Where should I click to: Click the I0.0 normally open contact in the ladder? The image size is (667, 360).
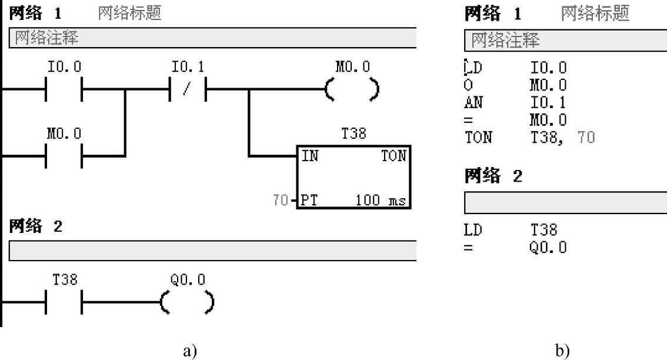64,90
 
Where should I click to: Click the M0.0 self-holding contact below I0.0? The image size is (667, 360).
64,156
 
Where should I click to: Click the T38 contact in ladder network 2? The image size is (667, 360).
64,303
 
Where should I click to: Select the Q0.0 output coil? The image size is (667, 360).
187,303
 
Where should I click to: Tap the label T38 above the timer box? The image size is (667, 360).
354,134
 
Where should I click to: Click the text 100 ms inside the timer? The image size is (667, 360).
380,201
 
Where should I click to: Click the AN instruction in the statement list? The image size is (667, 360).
473,103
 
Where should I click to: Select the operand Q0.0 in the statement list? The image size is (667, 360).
548,247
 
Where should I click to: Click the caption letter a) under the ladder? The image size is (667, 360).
189,351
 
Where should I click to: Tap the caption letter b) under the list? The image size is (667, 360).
563,351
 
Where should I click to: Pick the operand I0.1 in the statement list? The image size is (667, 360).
548,103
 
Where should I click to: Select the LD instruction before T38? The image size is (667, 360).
473,229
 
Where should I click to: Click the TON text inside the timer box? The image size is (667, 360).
393,156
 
